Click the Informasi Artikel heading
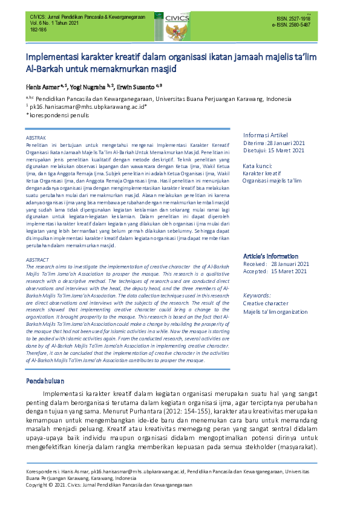click(265, 134)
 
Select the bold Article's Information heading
click(272, 256)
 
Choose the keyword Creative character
click(266, 303)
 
